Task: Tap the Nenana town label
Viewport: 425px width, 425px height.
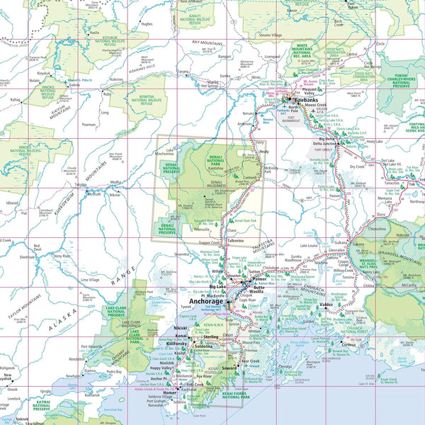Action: point(248,113)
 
